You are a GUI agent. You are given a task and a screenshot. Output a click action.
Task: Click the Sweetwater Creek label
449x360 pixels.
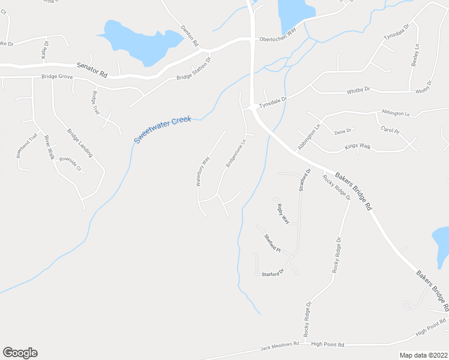pos(162,129)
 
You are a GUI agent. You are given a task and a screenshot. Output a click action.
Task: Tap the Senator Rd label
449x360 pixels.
pos(92,70)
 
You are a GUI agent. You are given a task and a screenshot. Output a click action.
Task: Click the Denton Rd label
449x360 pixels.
pos(189,37)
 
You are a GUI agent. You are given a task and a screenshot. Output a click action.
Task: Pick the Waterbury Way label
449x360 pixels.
pos(203,170)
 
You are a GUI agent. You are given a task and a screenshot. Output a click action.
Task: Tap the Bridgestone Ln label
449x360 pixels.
pos(236,154)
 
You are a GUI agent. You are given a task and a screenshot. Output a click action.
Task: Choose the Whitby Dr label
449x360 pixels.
pos(358,90)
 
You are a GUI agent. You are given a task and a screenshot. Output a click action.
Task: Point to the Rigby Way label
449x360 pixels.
pos(283,214)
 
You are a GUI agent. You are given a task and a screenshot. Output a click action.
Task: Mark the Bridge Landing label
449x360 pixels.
pos(79,143)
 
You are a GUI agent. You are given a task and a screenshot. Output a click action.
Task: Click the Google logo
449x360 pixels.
pos(20,353)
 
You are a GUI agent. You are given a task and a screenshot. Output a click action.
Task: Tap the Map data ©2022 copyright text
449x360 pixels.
pos(423,355)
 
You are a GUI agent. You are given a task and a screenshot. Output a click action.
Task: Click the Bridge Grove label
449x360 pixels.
pos(56,77)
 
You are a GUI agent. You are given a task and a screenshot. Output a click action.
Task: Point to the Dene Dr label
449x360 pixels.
pos(343,130)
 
